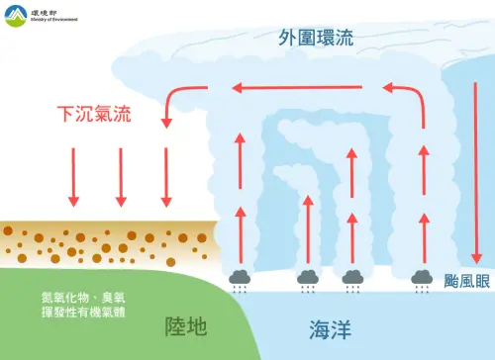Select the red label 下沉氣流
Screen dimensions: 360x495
click(94, 115)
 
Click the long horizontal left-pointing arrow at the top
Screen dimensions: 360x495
click(306, 89)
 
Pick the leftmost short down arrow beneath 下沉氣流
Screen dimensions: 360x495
click(73, 177)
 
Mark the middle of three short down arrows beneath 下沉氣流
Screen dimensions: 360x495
click(120, 177)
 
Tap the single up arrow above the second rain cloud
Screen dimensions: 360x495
click(307, 228)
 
